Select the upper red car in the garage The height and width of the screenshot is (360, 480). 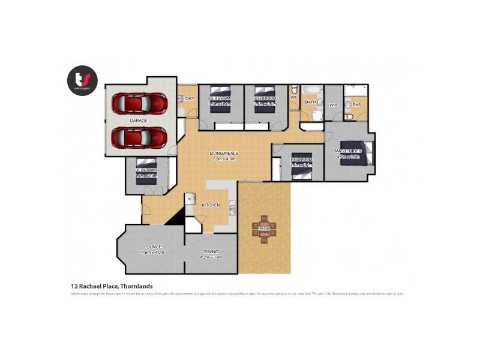pyautogui.click(x=139, y=103)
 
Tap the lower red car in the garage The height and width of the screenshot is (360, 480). pyautogui.click(x=139, y=137)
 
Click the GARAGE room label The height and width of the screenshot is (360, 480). pyautogui.click(x=139, y=121)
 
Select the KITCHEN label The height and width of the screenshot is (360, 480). pyautogui.click(x=211, y=205)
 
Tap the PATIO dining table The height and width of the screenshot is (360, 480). pyautogui.click(x=265, y=229)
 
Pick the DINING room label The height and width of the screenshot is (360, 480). pyautogui.click(x=211, y=251)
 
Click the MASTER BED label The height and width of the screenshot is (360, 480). pyautogui.click(x=348, y=150)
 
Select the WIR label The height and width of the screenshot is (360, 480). pyautogui.click(x=334, y=105)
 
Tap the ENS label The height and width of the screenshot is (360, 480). pyautogui.click(x=356, y=105)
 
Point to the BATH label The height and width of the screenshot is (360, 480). pyautogui.click(x=310, y=102)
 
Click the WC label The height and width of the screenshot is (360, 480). pyautogui.click(x=294, y=97)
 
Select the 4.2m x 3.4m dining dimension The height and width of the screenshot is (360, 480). pyautogui.click(x=211, y=257)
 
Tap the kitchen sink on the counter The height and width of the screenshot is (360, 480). pyautogui.click(x=232, y=209)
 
